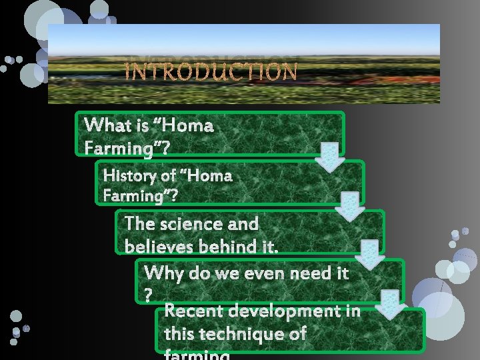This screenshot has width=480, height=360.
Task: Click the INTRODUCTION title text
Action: [x=211, y=71]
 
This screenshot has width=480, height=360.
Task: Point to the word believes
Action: [x=158, y=246]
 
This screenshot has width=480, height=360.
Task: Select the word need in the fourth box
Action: [x=293, y=273]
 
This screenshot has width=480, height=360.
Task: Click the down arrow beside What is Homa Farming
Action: [x=329, y=156]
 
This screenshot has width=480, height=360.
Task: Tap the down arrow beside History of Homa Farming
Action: [x=349, y=205]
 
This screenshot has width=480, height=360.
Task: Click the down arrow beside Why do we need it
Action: [x=391, y=303]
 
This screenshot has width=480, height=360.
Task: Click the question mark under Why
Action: [x=148, y=293]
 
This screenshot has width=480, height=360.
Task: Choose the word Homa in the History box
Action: [x=209, y=176]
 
